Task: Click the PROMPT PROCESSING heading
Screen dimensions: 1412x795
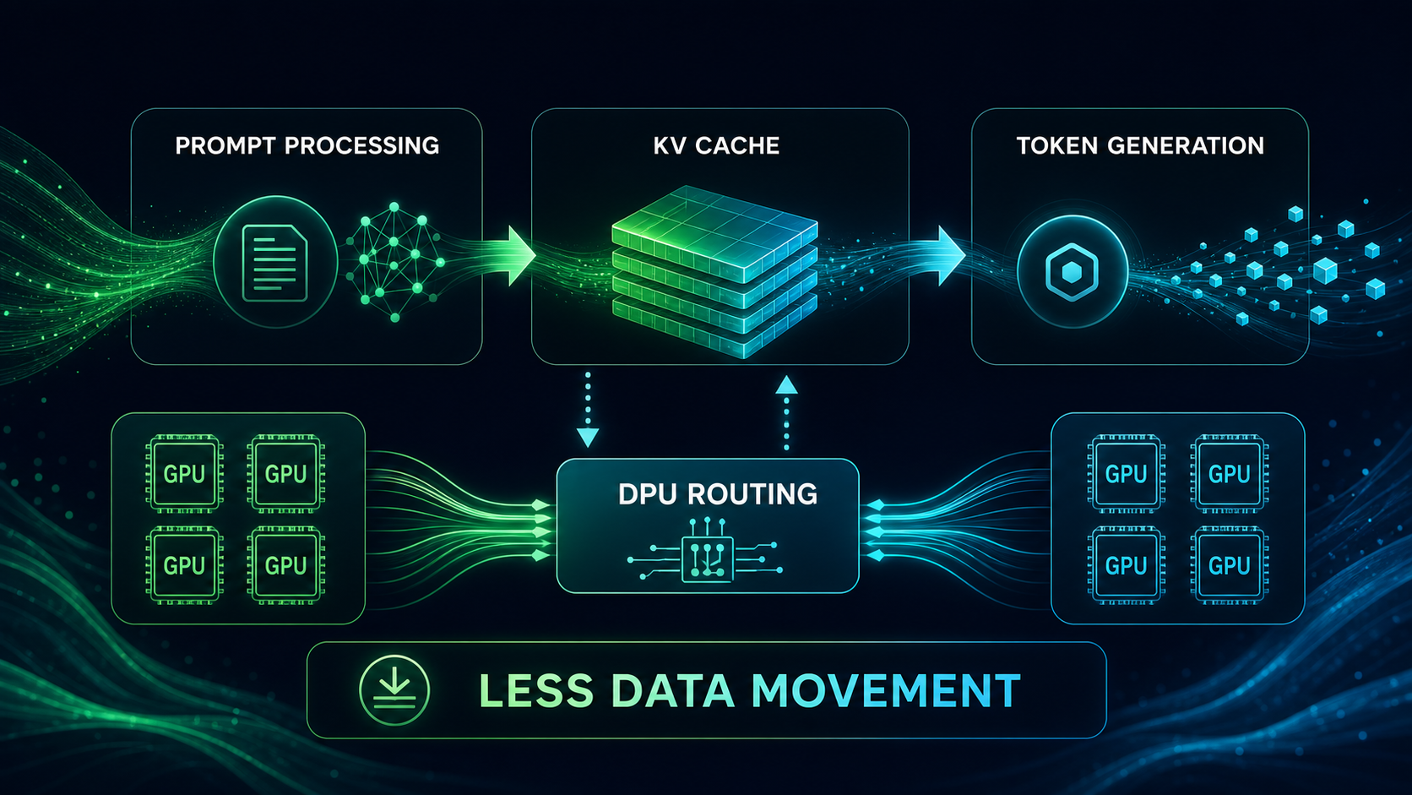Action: click(x=307, y=145)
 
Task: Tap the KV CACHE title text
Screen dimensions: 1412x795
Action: click(x=717, y=145)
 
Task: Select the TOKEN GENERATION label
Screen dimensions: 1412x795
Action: click(x=1140, y=145)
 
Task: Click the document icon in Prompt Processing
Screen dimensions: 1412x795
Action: click(x=274, y=263)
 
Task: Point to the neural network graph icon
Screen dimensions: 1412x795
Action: click(x=395, y=262)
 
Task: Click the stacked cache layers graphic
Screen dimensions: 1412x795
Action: click(x=714, y=271)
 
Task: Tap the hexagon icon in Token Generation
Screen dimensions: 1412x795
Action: click(x=1073, y=272)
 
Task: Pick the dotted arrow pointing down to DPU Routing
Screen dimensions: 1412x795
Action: click(x=588, y=410)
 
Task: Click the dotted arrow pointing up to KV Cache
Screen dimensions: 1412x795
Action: click(x=786, y=413)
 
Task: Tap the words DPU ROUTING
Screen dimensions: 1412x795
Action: click(x=718, y=494)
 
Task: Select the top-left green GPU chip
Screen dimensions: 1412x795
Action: click(x=184, y=473)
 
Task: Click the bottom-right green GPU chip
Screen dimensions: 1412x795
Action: click(x=286, y=565)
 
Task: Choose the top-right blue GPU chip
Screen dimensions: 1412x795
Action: click(x=1230, y=473)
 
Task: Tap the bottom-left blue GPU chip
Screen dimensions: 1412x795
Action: click(x=1127, y=565)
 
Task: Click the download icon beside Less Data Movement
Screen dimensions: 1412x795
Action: click(x=394, y=689)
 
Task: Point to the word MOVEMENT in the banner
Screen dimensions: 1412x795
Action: click(x=886, y=690)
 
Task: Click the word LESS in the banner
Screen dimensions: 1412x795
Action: click(x=536, y=690)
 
